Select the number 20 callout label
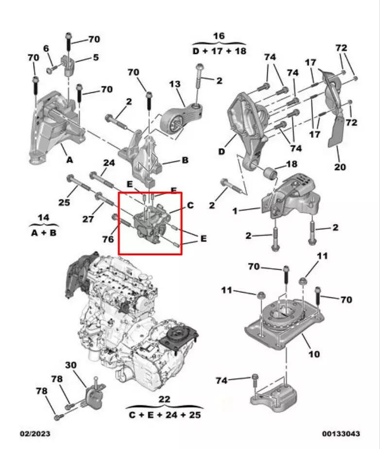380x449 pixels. coord(340,167)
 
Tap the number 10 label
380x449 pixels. coord(314,354)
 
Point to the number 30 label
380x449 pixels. coord(71,365)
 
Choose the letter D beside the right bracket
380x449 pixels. coord(222,152)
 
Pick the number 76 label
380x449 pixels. coord(108,239)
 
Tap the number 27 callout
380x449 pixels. coord(87,219)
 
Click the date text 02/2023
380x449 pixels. coord(35,433)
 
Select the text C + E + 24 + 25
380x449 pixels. coord(165,415)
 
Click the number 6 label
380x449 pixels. coord(47,48)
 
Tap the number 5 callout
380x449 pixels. coord(96,57)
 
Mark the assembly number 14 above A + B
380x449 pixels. coord(43,217)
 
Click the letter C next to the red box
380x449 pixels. coord(190,206)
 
